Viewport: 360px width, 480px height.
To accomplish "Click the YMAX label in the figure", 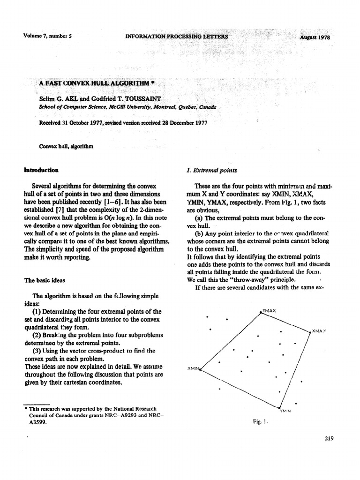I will [x=269, y=311].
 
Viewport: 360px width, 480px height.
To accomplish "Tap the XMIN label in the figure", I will [x=193, y=368].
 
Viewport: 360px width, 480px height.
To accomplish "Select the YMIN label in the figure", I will [x=285, y=411].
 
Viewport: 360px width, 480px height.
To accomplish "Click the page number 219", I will [x=328, y=439].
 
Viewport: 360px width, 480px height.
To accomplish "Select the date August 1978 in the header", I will [x=315, y=37].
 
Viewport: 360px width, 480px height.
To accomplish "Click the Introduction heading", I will [x=41, y=170].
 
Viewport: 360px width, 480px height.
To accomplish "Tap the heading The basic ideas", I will [x=45, y=280].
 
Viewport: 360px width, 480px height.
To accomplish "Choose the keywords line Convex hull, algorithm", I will [x=67, y=146].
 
